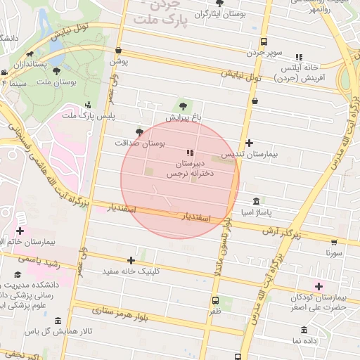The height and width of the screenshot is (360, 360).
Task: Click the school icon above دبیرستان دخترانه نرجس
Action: tap(189, 152)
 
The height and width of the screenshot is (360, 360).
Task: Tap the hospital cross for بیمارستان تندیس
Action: tap(249, 143)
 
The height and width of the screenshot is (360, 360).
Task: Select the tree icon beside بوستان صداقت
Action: tap(139, 131)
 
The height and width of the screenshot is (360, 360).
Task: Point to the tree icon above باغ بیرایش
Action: tap(184, 105)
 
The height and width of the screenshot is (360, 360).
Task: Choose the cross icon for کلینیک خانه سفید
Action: tap(131, 261)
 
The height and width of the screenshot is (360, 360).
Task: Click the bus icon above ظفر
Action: tap(215, 300)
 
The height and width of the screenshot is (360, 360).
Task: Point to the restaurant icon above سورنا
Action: tap(333, 239)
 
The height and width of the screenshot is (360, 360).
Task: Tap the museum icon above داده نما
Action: tap(304, 330)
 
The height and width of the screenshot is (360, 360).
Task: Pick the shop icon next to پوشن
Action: tap(118, 50)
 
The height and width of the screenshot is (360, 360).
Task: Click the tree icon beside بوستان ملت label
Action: tap(56, 70)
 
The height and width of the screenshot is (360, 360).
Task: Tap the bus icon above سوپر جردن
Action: tap(264, 41)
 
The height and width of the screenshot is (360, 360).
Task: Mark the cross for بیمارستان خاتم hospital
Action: tap(20, 231)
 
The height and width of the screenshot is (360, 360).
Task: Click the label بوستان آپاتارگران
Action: tap(203, 13)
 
